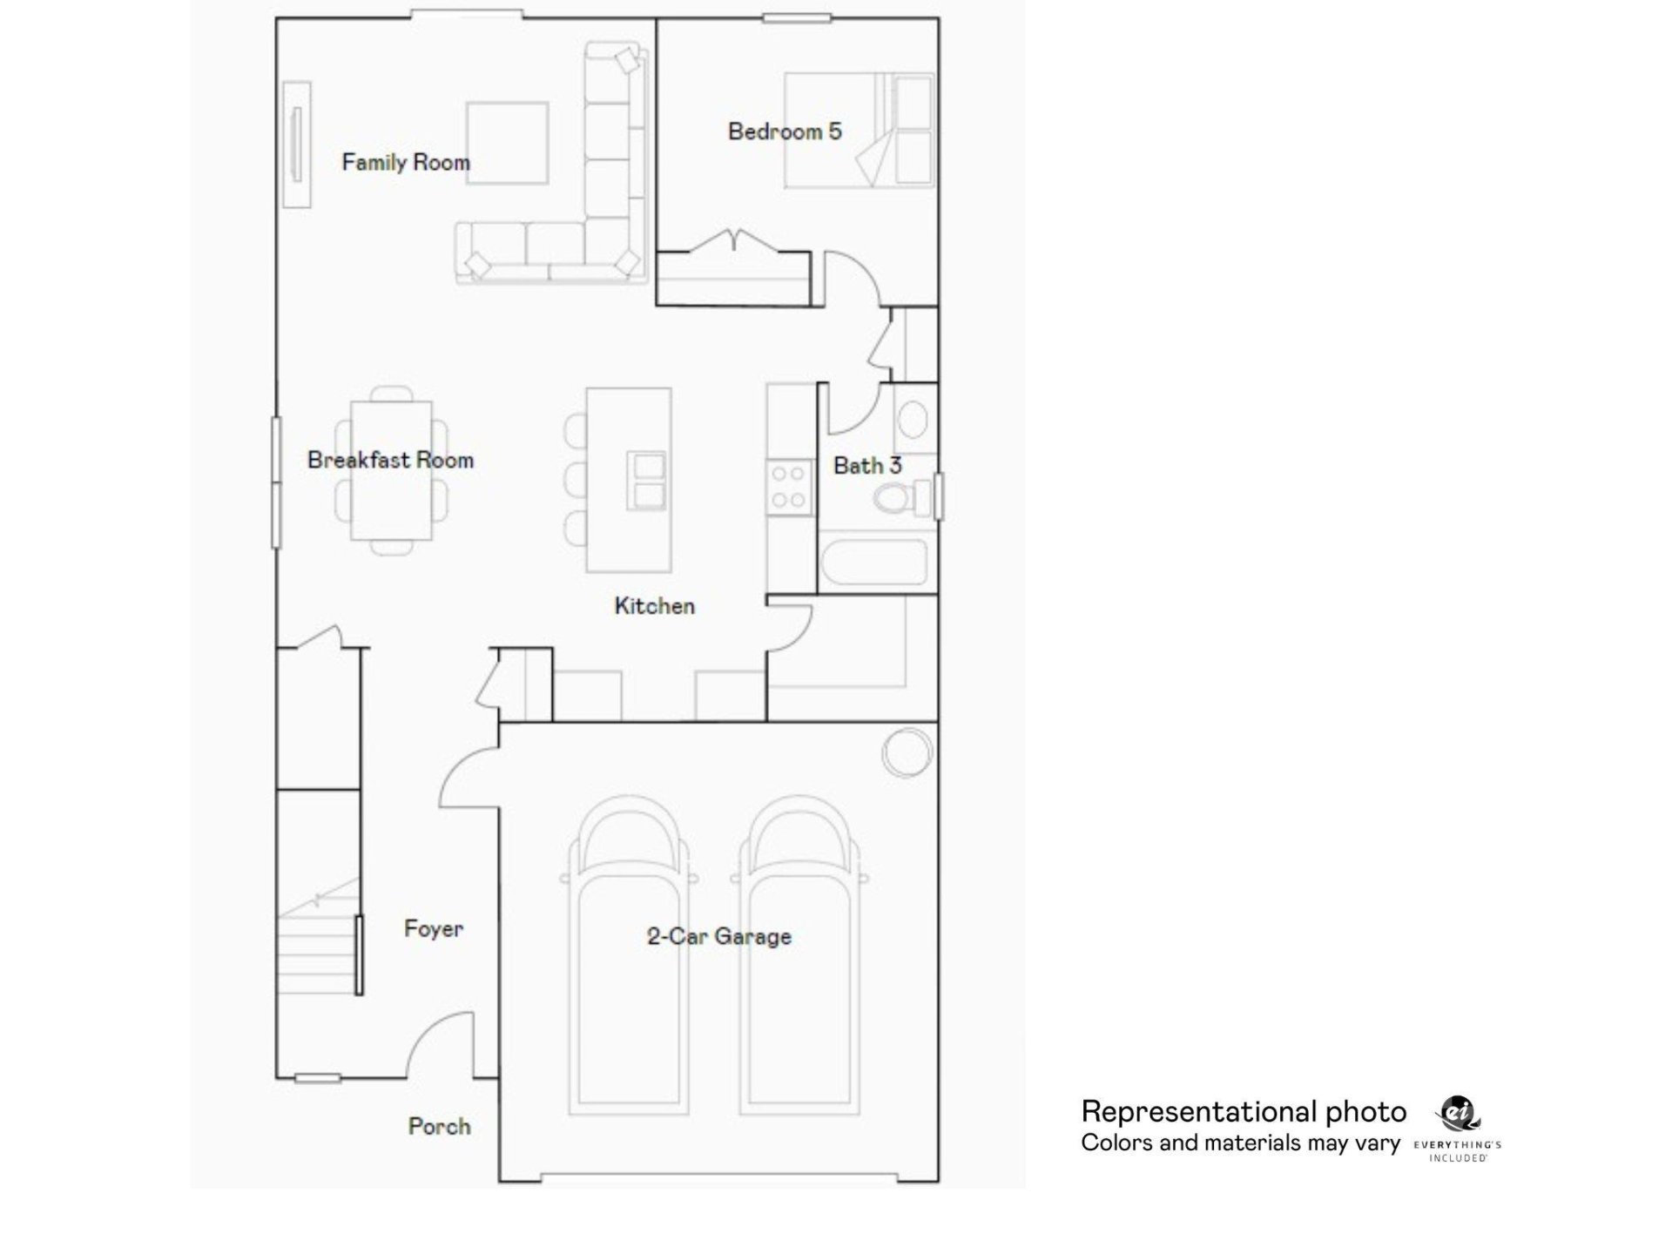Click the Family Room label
pos(405,163)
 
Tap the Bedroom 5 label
pos(785,131)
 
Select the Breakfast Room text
pos(390,460)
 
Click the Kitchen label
pos(654,606)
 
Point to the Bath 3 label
pos(866,466)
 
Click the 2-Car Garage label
pos(719,937)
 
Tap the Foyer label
pos(433,928)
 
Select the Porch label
pos(439,1126)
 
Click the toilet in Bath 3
pos(897,500)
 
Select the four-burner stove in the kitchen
pos(788,488)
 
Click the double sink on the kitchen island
pos(647,482)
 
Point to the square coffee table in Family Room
pos(507,144)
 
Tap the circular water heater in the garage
pos(907,752)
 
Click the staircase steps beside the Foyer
pos(318,949)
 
